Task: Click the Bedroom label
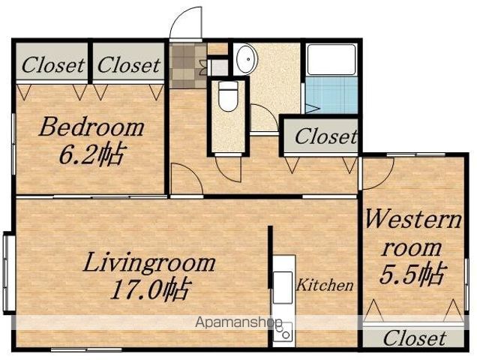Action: [91, 127]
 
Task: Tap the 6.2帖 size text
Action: [91, 154]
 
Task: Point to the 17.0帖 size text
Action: [151, 289]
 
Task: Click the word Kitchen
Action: [325, 285]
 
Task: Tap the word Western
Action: [413, 219]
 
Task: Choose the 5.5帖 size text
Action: [412, 274]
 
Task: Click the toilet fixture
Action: [228, 96]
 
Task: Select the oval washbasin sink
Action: [247, 58]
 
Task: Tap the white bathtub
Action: [331, 60]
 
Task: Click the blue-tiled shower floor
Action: [331, 95]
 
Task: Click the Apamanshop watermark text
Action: [238, 322]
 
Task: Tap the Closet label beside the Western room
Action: [415, 338]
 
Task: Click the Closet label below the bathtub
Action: [325, 136]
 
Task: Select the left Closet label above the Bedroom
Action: [53, 65]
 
